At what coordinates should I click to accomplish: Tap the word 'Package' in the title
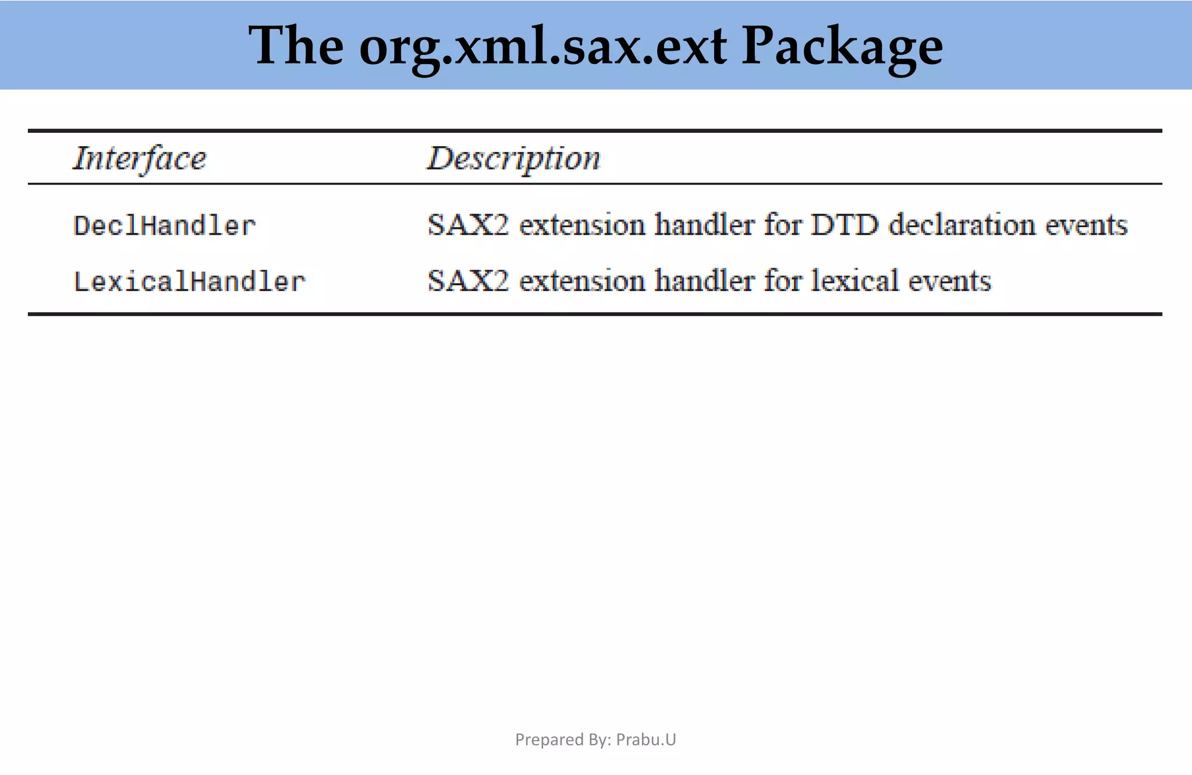click(842, 47)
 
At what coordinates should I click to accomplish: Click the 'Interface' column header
click(140, 158)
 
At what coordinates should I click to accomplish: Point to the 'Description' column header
click(514, 158)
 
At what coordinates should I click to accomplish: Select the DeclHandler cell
click(165, 226)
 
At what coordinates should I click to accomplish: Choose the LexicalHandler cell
click(190, 282)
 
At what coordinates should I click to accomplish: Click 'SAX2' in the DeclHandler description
click(468, 225)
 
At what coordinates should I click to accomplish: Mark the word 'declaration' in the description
click(962, 225)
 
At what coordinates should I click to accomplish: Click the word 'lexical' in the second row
click(854, 281)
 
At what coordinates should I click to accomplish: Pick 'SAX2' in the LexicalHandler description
click(468, 281)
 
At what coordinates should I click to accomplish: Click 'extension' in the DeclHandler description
click(582, 225)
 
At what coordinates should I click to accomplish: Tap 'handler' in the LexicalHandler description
click(704, 281)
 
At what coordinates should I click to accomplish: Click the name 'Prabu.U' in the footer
click(646, 739)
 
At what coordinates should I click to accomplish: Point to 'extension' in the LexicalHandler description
click(582, 281)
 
